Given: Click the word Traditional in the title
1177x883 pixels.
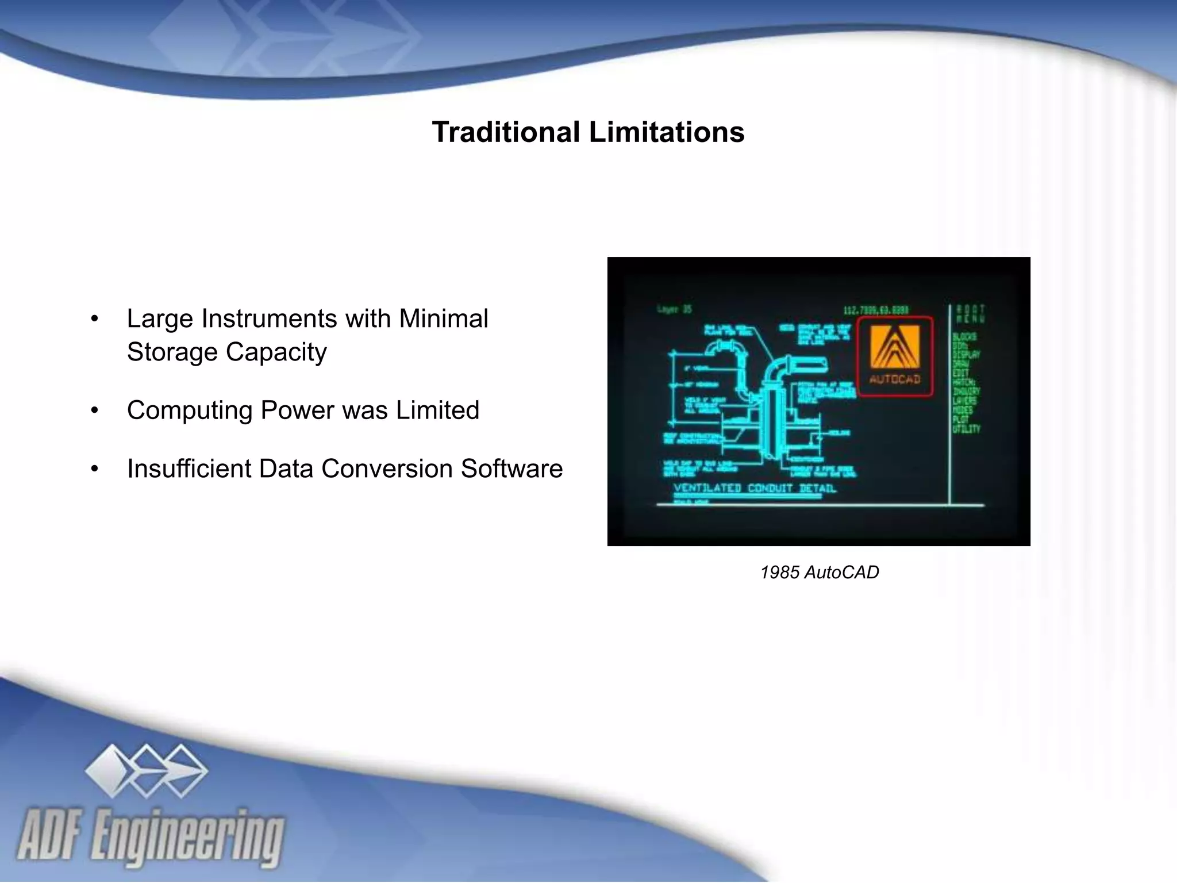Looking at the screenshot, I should [506, 132].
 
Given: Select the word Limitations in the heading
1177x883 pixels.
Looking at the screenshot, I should [667, 132].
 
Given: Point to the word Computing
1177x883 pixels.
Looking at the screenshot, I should [189, 410].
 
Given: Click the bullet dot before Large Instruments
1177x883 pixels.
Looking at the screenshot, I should [95, 319].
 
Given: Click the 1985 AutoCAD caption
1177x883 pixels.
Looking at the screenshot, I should [819, 573].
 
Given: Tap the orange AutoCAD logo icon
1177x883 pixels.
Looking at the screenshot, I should [894, 346].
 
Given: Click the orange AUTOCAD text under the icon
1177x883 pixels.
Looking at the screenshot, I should [895, 379].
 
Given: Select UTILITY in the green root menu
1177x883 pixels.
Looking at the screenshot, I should [966, 429].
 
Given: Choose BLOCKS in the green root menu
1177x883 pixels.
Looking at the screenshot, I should [964, 336].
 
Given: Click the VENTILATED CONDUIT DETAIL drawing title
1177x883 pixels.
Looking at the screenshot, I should [755, 489].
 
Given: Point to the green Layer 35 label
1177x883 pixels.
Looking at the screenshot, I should [674, 310].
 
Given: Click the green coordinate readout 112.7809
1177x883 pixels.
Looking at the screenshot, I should [876, 310].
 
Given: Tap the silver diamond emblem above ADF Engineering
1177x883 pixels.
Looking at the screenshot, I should [146, 770].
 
